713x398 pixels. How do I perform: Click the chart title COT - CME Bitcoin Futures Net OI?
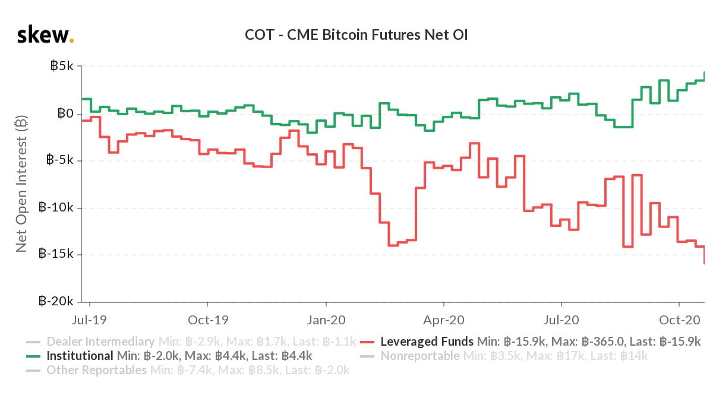coord(356,35)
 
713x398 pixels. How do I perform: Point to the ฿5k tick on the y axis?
coord(61,67)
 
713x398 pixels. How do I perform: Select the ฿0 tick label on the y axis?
coord(64,113)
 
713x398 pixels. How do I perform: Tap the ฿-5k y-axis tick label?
coord(59,160)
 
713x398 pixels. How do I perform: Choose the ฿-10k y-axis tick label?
coord(56,208)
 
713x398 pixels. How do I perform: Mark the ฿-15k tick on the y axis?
coord(56,255)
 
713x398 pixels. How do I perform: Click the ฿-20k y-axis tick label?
coord(56,302)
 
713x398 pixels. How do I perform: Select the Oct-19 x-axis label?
coord(209,320)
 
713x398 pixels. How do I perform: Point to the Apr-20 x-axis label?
coord(444,320)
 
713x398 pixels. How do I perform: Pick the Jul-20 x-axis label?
coord(561,320)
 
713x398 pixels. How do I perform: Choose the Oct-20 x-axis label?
coord(679,320)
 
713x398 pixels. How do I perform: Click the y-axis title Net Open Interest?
coord(21,185)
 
